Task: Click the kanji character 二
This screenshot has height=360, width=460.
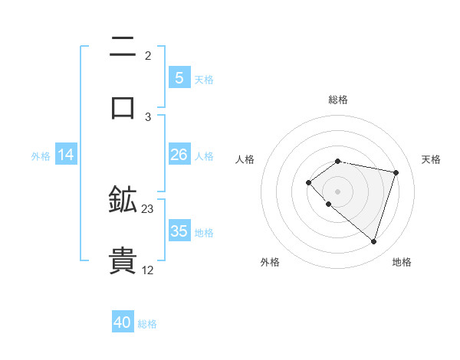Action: [x=123, y=47]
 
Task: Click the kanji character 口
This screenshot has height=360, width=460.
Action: [x=123, y=107]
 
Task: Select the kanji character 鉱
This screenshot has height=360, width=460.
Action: [x=123, y=200]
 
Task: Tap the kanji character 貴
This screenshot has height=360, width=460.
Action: [x=123, y=260]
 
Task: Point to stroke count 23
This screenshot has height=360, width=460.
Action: [x=148, y=209]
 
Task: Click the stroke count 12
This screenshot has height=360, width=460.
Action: [x=148, y=270]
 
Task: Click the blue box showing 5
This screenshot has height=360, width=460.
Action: [x=179, y=77]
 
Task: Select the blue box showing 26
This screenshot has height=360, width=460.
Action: [x=179, y=155]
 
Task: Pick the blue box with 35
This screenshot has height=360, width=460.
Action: [x=179, y=231]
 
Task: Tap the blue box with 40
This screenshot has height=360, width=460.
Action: [x=123, y=322]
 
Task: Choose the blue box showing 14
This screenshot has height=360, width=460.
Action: [x=66, y=155]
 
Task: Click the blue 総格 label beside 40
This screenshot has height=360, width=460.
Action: [x=147, y=324]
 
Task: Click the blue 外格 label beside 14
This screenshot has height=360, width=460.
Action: [x=41, y=155]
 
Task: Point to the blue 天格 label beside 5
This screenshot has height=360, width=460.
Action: [x=204, y=79]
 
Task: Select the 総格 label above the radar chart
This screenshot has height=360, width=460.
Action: [x=338, y=100]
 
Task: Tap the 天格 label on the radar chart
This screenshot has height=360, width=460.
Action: [x=432, y=159]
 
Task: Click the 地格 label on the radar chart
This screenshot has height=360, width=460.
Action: [x=402, y=262]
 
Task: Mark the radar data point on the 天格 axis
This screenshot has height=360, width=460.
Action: [x=396, y=172]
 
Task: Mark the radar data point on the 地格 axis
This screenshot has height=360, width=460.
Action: [x=373, y=241]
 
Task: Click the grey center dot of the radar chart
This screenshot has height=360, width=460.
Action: [x=338, y=191]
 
